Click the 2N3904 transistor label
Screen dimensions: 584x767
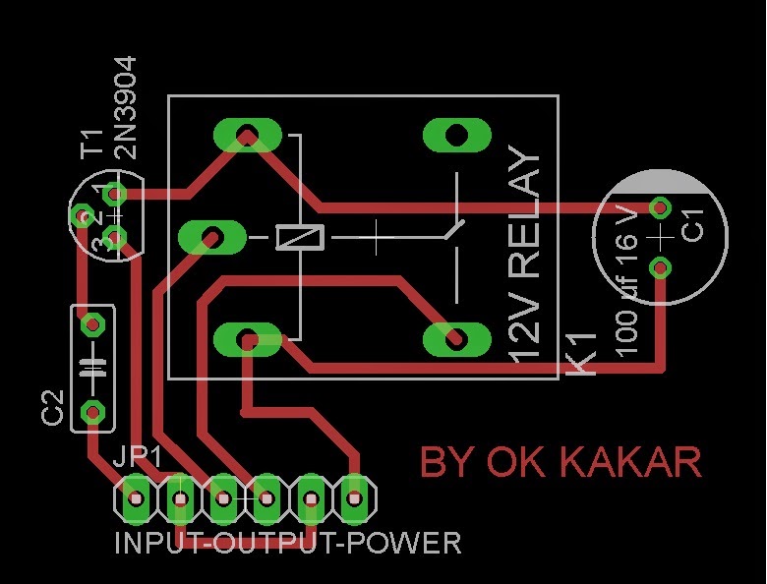pos(125,107)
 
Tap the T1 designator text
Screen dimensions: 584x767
pos(92,143)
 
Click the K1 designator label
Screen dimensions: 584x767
pos(582,354)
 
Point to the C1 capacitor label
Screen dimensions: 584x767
pos(692,226)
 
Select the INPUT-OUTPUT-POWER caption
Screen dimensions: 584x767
pos(287,543)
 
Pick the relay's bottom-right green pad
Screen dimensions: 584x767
pos(455,339)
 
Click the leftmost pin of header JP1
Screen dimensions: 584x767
pos(136,498)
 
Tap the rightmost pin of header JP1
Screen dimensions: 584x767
pos(355,498)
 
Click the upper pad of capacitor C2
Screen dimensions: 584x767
pos(92,322)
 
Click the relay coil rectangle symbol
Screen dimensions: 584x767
pos(299,237)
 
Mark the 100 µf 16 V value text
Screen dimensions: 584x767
pos(626,285)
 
